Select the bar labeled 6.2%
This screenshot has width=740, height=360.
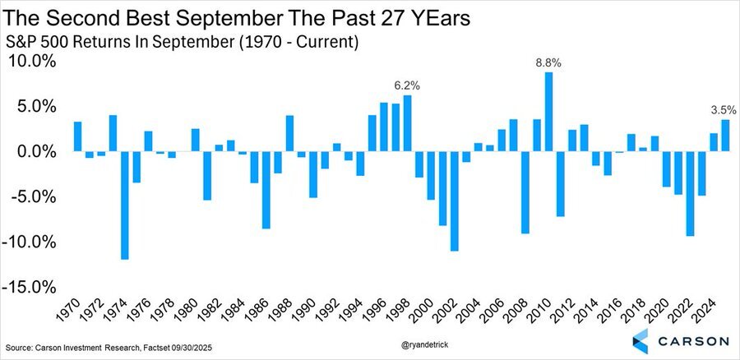[407, 123]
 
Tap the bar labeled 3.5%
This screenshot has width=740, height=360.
[725, 136]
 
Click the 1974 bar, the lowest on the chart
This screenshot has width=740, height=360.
[124, 205]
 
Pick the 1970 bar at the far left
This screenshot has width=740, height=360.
[77, 136]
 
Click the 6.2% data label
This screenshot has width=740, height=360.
[406, 85]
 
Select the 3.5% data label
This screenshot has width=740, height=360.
[724, 109]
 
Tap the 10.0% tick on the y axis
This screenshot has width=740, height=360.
[31, 62]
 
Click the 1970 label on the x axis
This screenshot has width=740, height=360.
[71, 311]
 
